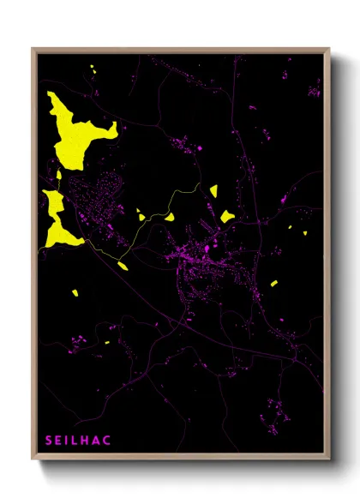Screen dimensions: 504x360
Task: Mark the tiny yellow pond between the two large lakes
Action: click(x=58, y=175)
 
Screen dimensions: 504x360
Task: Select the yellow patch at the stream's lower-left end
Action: click(x=123, y=266)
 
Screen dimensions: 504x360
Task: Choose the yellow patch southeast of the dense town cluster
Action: click(x=274, y=283)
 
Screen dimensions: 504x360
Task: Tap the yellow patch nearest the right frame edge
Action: click(x=305, y=230)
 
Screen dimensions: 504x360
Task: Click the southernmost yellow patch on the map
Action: click(x=108, y=342)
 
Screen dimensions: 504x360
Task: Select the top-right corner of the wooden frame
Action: click(x=329, y=49)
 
